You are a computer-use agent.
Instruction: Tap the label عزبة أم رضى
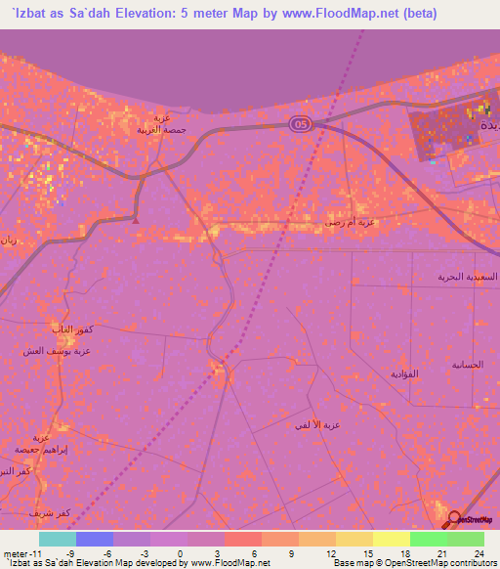(350, 223)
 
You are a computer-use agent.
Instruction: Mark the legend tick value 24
(479, 553)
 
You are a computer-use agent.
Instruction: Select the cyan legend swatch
(58, 539)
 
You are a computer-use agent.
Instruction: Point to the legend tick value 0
(182, 553)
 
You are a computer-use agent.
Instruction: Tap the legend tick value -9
(70, 553)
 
